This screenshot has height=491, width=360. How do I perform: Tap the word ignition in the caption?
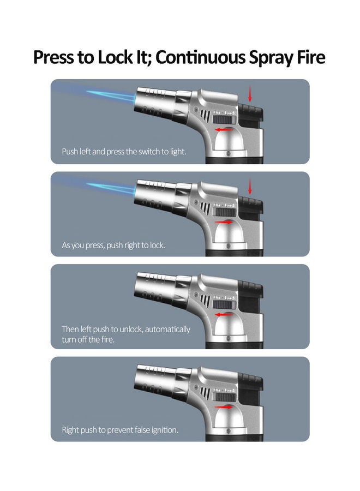[x=163, y=430]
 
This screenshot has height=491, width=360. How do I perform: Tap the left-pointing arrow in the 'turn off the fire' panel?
[x=221, y=315]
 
